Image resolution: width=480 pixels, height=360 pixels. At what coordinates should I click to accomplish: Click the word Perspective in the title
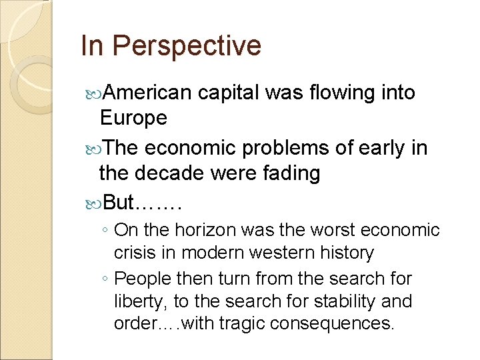(x=186, y=47)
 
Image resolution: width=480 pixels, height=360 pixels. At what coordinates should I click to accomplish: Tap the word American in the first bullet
(x=147, y=93)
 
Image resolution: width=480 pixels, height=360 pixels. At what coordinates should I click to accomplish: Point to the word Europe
(x=133, y=118)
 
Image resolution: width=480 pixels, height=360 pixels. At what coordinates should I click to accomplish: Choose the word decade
(x=176, y=173)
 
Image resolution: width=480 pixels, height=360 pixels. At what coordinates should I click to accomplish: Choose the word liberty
(x=137, y=301)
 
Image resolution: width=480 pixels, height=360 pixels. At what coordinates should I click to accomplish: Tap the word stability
(x=341, y=301)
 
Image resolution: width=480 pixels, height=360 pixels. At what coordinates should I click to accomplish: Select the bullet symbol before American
(x=91, y=93)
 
